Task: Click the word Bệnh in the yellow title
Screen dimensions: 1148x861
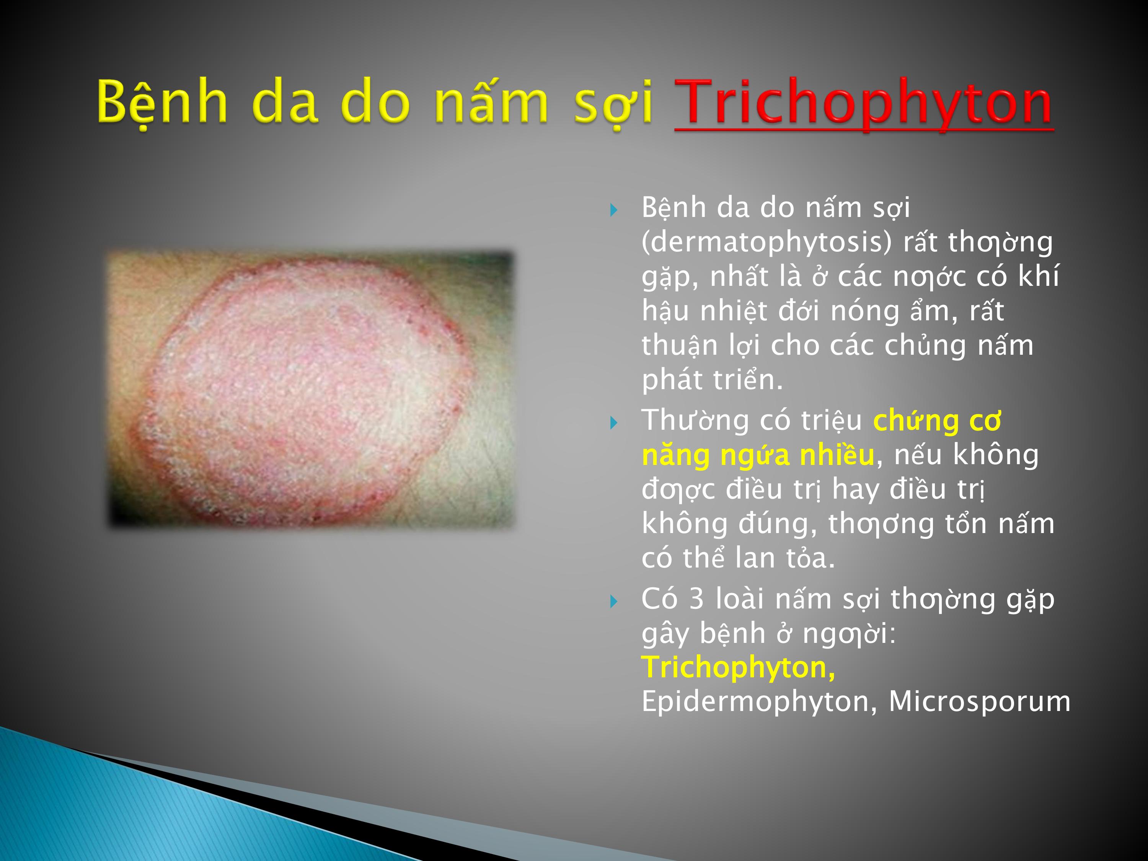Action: pos(162,101)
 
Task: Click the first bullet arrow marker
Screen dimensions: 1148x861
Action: pos(614,210)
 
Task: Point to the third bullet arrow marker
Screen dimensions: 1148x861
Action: pos(614,602)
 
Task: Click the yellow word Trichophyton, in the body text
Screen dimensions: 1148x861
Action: pos(739,668)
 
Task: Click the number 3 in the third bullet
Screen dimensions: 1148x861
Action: pos(696,599)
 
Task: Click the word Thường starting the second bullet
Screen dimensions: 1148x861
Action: pos(695,421)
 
